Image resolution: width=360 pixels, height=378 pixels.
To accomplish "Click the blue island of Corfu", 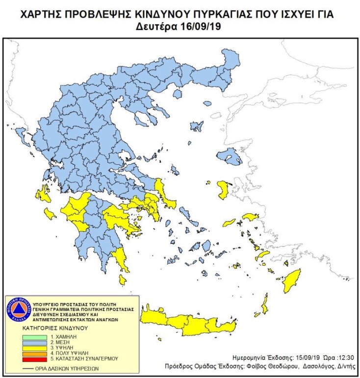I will (x=21, y=132).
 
